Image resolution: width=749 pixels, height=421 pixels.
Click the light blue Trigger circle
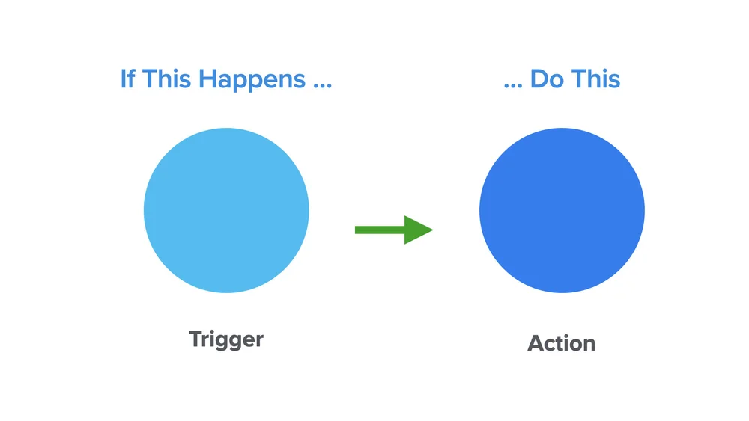[226, 210]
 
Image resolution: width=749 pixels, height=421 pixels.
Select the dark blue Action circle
[562, 210]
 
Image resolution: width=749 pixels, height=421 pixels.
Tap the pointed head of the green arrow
[420, 230]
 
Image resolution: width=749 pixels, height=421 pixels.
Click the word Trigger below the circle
[226, 339]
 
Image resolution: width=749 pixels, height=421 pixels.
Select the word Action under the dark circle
[562, 344]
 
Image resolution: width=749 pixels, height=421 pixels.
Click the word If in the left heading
[129, 79]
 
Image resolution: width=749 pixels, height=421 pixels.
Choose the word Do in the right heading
[547, 79]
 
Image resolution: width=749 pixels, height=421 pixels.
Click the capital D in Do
[539, 79]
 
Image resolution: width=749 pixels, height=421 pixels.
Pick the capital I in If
[124, 79]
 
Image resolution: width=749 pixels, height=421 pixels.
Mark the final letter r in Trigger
[259, 341]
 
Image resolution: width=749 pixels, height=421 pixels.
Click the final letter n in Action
[589, 345]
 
